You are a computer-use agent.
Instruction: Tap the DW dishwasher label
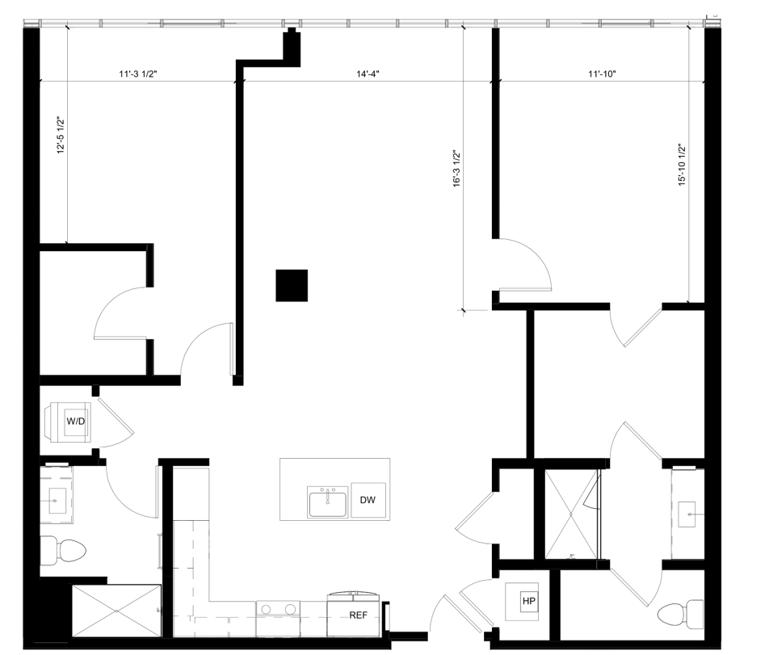[368, 500]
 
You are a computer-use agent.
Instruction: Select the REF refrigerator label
[359, 615]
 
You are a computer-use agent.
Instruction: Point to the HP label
[529, 601]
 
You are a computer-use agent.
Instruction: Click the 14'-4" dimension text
[368, 74]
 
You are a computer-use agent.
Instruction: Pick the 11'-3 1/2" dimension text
[138, 74]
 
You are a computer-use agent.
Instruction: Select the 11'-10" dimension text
[602, 74]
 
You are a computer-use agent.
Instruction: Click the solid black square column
[292, 285]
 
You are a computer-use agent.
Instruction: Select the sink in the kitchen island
[327, 502]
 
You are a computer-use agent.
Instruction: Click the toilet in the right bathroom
[677, 615]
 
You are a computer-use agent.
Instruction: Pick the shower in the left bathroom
[117, 610]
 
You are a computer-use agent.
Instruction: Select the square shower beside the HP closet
[572, 514]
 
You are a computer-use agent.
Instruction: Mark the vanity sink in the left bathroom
[56, 501]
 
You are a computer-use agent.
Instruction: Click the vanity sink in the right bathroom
[687, 512]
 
